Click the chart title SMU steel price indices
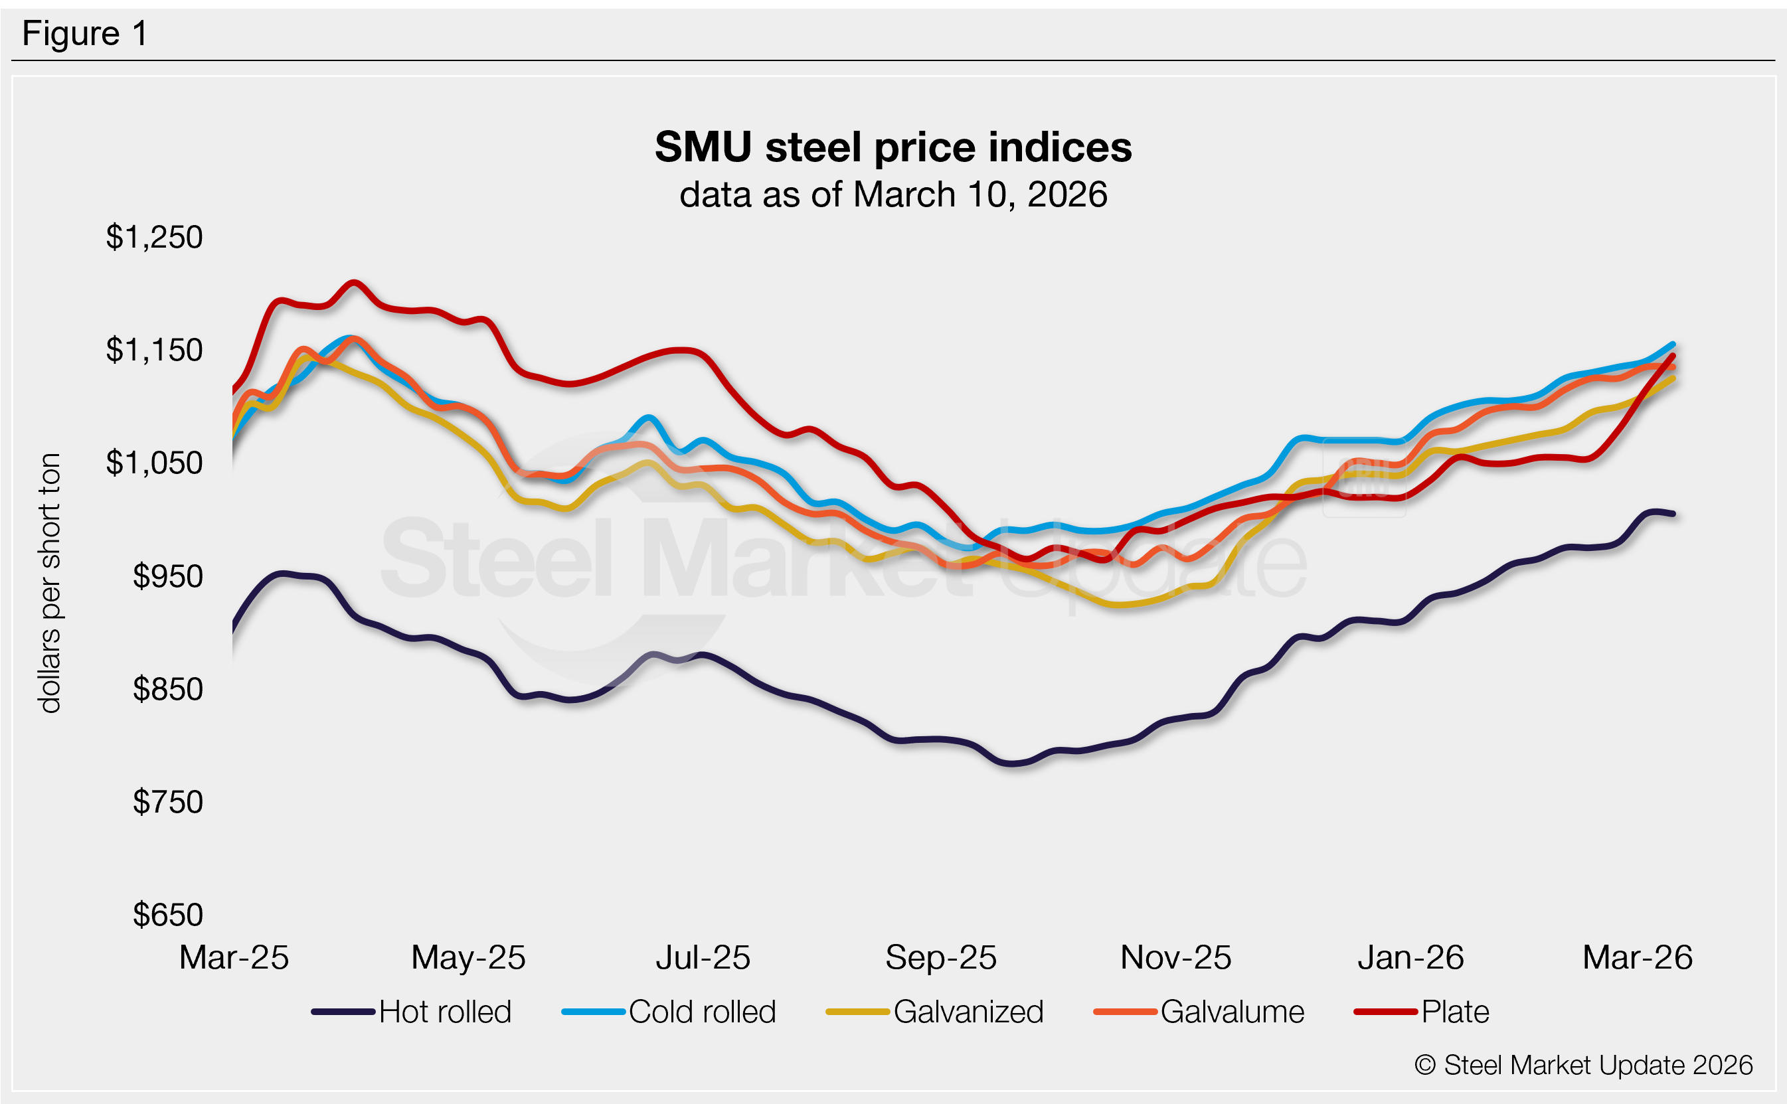[x=893, y=147]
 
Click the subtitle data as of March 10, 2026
[x=893, y=195]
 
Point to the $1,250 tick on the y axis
[x=154, y=237]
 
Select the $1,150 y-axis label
[x=154, y=351]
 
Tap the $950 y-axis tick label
[x=167, y=577]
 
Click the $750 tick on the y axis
[x=167, y=803]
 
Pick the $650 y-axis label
[x=167, y=915]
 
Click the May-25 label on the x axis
[x=468, y=957]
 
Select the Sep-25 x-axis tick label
[x=940, y=957]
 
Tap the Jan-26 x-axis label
[x=1410, y=957]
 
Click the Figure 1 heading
[x=85, y=34]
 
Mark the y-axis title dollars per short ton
[x=50, y=583]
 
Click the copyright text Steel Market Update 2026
[x=1583, y=1065]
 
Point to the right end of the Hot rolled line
[x=1672, y=514]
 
